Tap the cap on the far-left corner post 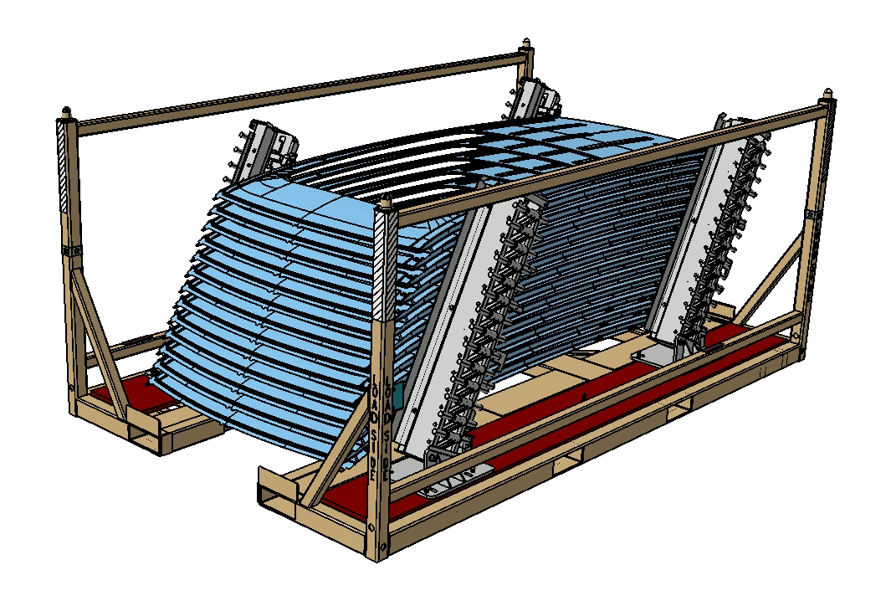[66, 110]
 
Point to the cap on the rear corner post [526, 43]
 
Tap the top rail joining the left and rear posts [293, 88]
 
